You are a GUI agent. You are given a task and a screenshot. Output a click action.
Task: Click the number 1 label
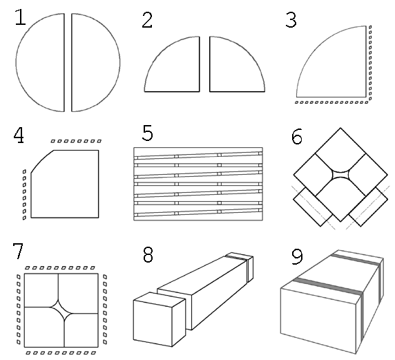coord(21,17)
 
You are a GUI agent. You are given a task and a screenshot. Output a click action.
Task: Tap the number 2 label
coord(147,20)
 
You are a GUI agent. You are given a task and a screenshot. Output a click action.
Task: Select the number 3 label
coord(291,20)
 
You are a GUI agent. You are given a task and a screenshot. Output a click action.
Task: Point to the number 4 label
coord(19,135)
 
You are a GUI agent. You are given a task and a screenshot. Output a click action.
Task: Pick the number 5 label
coord(148,133)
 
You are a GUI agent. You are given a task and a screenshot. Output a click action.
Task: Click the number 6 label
coord(297,137)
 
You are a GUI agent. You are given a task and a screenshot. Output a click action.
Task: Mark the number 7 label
coord(18,251)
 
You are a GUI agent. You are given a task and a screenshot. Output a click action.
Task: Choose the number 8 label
coord(148,254)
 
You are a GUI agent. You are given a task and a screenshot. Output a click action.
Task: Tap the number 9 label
coord(297,256)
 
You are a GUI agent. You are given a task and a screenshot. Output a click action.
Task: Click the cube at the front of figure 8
coord(160,319)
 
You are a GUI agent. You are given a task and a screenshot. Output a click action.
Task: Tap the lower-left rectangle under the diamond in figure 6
coord(313,207)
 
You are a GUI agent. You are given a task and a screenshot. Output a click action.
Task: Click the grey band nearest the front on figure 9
coord(327,286)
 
